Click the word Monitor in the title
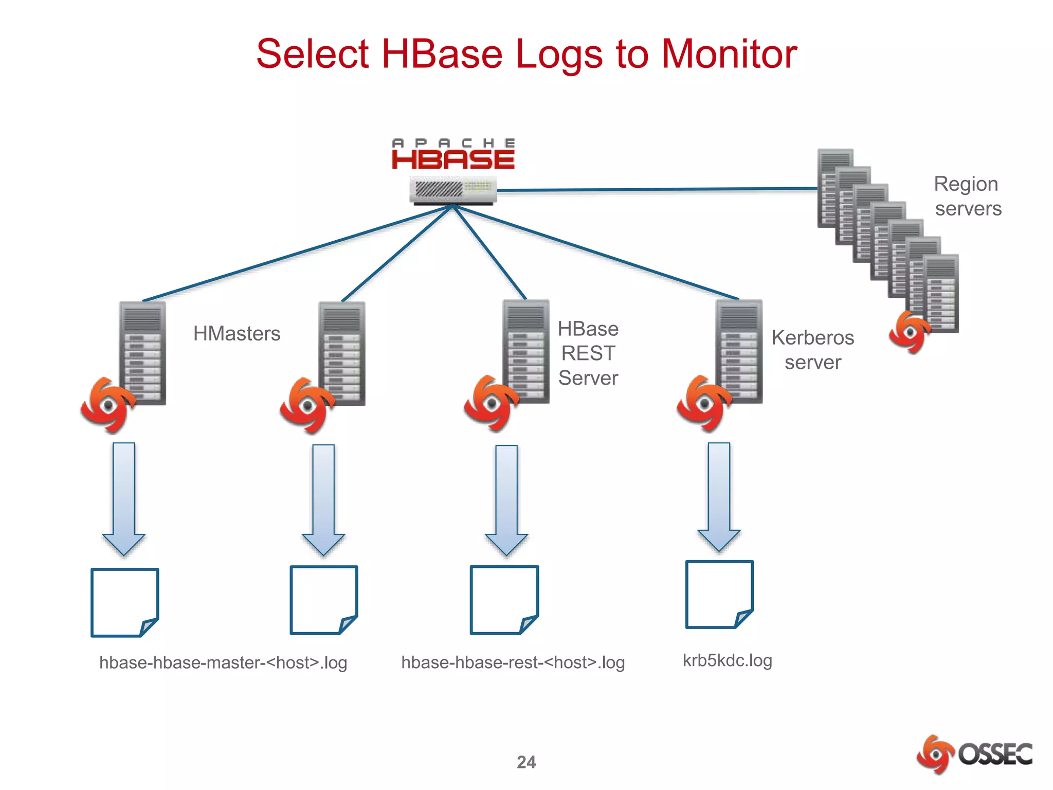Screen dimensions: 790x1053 (x=729, y=54)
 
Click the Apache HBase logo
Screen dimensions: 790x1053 (x=453, y=154)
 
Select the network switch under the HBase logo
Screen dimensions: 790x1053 (x=453, y=190)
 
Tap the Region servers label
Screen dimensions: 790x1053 (x=967, y=196)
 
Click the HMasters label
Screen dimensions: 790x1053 (x=237, y=334)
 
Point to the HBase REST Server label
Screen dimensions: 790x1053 (x=588, y=353)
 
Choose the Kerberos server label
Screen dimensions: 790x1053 (x=812, y=350)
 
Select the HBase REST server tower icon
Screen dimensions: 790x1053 (x=526, y=351)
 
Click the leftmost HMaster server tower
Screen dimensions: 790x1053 (x=142, y=353)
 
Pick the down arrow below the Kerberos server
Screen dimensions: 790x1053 (x=719, y=496)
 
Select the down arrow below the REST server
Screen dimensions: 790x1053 (x=506, y=499)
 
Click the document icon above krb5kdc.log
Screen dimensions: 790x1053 (x=719, y=595)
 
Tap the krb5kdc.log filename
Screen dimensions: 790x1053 (x=727, y=660)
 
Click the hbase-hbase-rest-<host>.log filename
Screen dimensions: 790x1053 (x=513, y=662)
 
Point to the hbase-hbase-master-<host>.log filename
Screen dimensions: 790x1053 (x=223, y=662)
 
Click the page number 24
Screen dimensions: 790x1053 (x=526, y=762)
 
